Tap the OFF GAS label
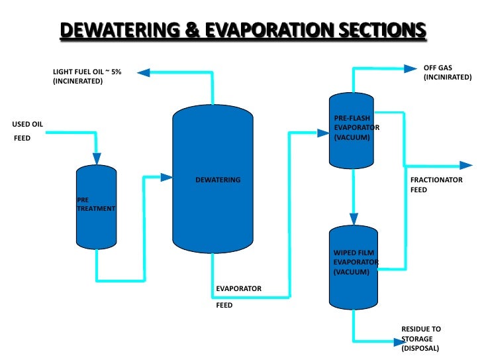(438, 67)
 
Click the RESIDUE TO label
(421, 329)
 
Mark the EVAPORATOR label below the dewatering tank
(238, 288)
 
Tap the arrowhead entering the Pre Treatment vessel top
(97, 158)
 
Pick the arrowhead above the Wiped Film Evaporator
(354, 219)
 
